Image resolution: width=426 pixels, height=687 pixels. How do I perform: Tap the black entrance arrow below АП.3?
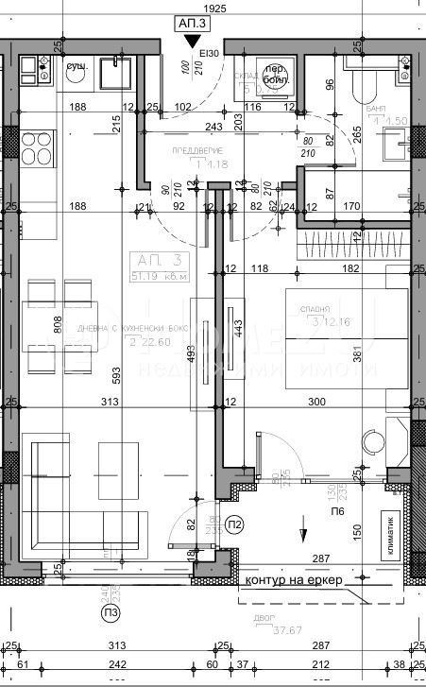(193, 41)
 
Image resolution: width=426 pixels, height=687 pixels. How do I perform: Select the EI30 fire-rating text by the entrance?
(210, 54)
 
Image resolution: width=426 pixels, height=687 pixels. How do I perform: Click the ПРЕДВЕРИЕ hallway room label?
(196, 150)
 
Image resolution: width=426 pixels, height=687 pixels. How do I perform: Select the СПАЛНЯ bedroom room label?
(317, 309)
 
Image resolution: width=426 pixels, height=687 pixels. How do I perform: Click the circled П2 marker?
(209, 524)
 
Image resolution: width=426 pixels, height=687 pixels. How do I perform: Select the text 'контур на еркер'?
(292, 579)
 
